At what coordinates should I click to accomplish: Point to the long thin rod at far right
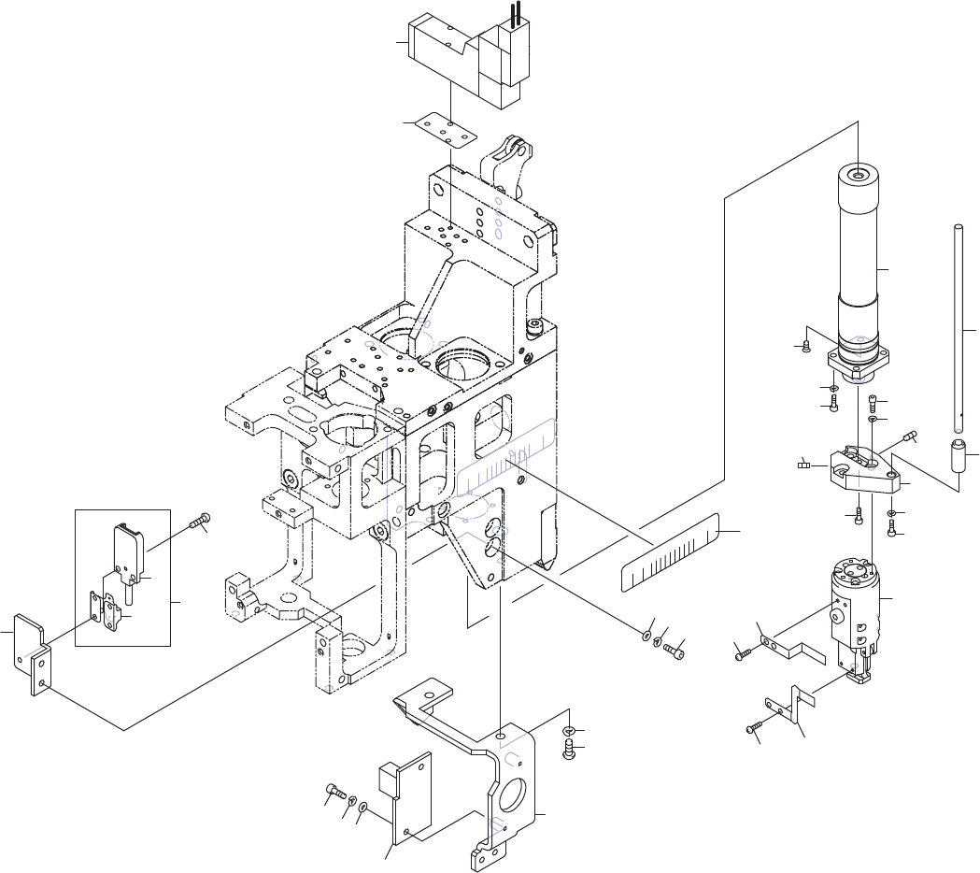[x=959, y=327]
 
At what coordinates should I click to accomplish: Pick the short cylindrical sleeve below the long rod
[x=959, y=457]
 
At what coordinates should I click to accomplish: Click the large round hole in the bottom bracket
[x=515, y=794]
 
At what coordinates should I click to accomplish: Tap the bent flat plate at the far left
[x=30, y=650]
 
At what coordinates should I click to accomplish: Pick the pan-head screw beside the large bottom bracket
[x=569, y=748]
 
